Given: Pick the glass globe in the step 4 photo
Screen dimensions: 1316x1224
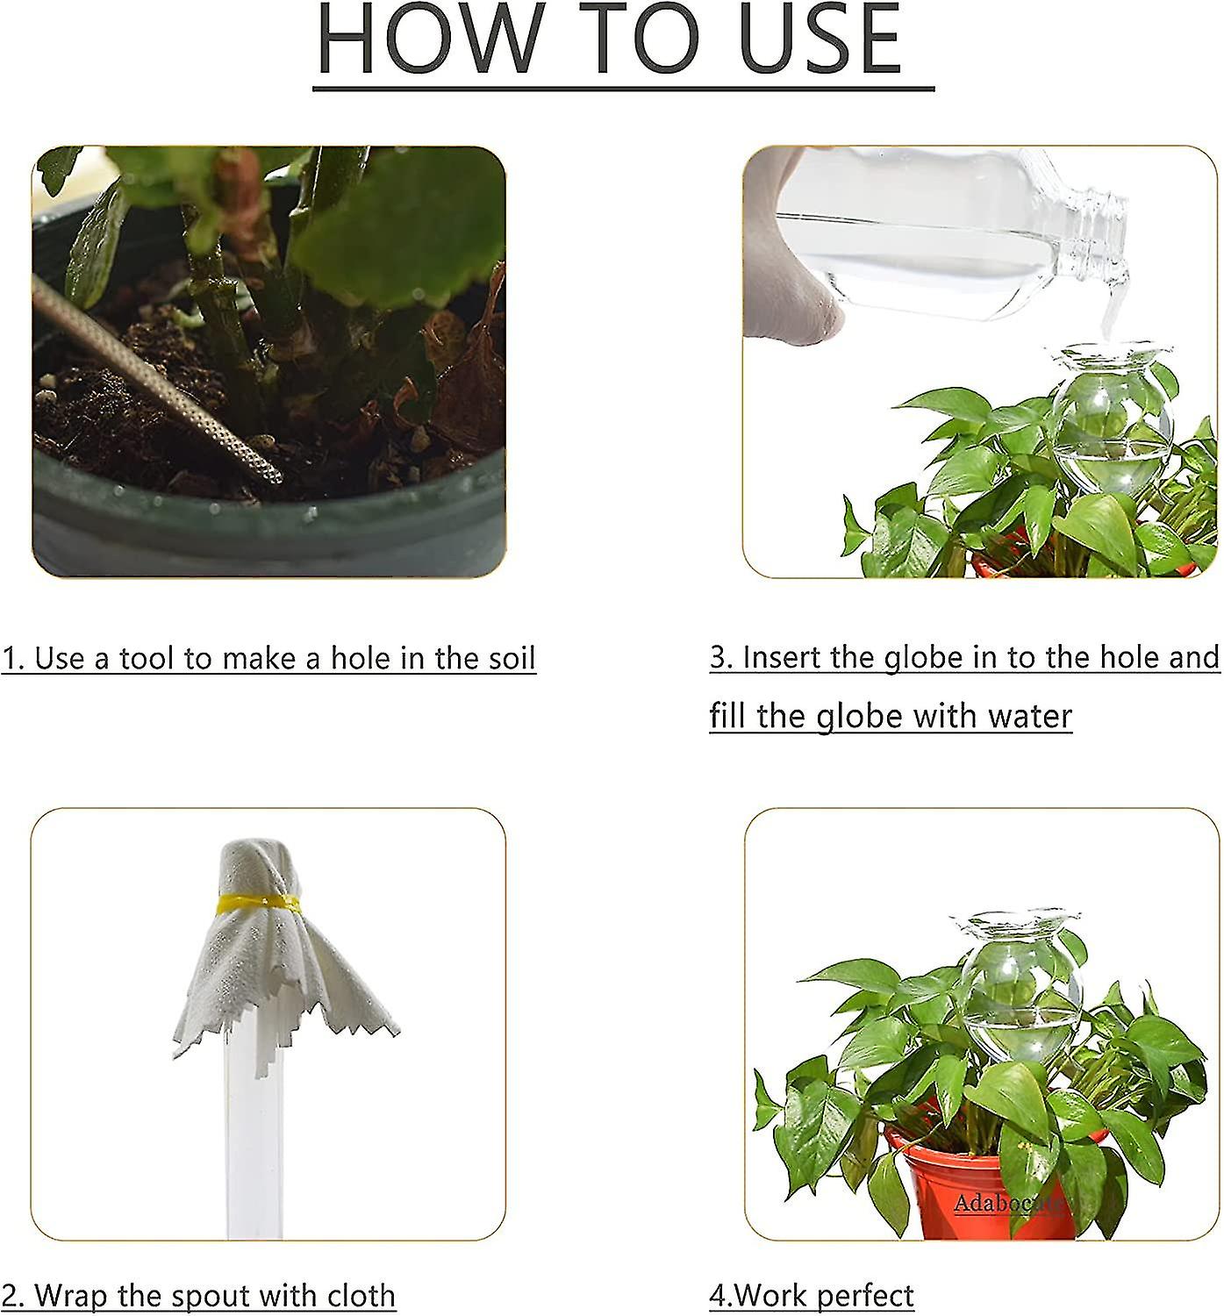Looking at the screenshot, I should tap(1018, 983).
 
